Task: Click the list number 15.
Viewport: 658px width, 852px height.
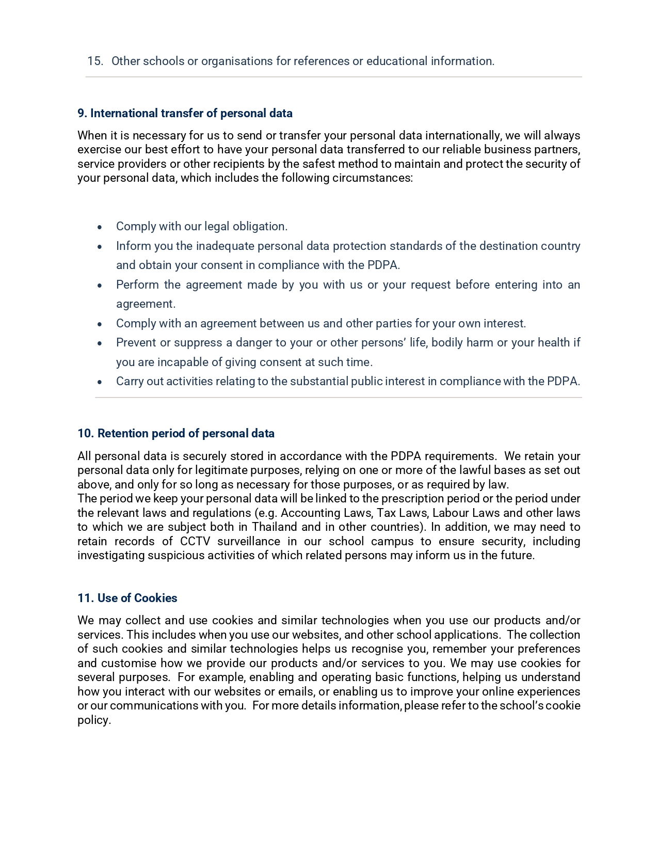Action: [95, 61]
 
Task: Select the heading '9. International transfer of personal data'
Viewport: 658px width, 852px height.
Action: [185, 113]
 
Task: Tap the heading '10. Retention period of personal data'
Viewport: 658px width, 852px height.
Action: [176, 433]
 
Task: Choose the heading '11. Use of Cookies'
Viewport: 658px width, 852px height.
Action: [127, 598]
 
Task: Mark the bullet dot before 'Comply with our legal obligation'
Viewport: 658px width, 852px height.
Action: [100, 227]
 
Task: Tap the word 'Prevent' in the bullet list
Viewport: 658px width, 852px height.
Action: [136, 342]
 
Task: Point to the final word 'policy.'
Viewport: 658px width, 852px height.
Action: [94, 720]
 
